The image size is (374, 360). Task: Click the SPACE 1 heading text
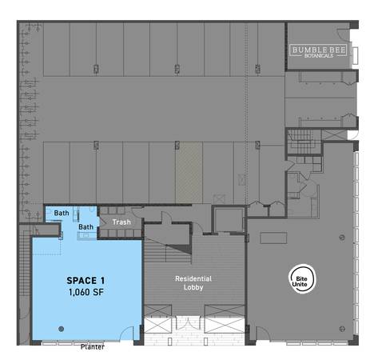[86, 281]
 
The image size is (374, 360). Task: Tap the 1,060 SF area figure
[86, 292]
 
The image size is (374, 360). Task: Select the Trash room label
[121, 222]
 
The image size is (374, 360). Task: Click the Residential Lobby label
[193, 283]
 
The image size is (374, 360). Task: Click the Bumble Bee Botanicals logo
[319, 51]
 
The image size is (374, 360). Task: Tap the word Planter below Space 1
[93, 347]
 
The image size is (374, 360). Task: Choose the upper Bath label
[62, 213]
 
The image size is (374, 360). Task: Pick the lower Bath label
[86, 227]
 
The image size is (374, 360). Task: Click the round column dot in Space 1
[61, 329]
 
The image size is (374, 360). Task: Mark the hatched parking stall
[189, 173]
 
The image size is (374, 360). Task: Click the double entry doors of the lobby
[188, 324]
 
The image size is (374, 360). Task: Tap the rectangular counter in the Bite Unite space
[273, 238]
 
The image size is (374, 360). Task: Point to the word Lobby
[193, 287]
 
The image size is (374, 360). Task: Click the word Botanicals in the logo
[319, 55]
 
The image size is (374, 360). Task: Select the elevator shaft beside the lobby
[229, 220]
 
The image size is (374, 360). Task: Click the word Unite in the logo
[300, 284]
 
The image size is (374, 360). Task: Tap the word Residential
[193, 278]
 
